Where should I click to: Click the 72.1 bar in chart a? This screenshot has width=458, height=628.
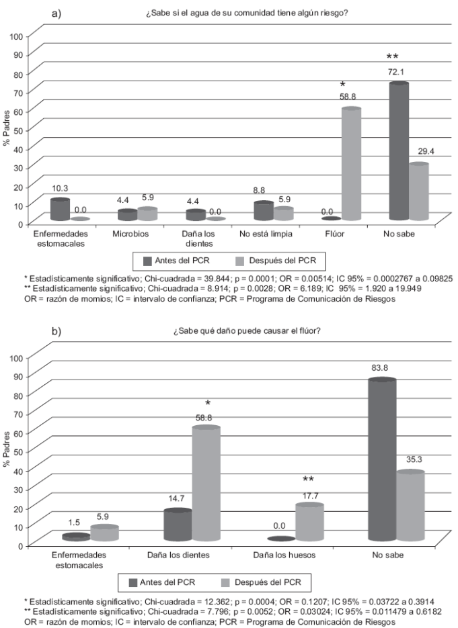399,152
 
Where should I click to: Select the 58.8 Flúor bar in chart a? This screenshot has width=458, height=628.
351,165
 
